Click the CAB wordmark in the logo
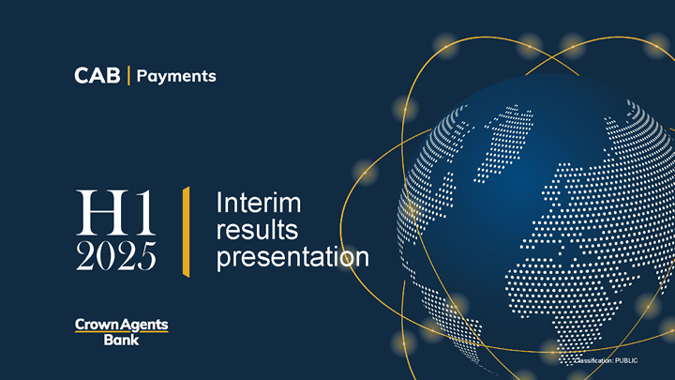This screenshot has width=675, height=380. [97, 75]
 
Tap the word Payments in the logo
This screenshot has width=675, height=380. [176, 77]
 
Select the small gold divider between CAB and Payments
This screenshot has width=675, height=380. [128, 75]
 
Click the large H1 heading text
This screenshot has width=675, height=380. [115, 212]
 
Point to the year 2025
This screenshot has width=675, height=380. [116, 256]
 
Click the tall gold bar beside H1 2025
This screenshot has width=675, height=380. [186, 232]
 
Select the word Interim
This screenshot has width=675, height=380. [259, 203]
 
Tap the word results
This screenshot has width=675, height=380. [257, 229]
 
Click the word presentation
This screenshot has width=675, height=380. [292, 257]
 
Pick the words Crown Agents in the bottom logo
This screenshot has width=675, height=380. [121, 325]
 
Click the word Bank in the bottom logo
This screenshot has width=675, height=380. [121, 340]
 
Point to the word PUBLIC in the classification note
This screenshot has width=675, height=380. [626, 360]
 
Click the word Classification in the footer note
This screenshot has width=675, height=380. [593, 360]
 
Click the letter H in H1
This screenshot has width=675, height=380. [102, 213]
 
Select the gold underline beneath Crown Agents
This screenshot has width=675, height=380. [121, 331]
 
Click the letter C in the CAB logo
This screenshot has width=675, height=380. [82, 75]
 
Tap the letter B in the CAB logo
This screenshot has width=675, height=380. [113, 75]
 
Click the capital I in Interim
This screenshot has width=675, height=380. [218, 203]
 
